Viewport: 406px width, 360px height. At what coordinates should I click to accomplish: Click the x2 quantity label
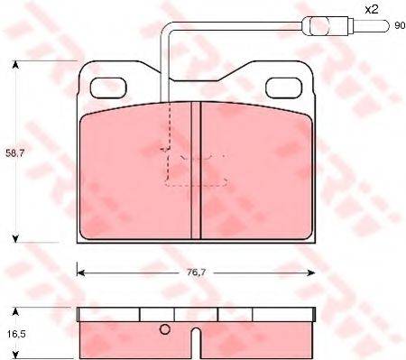[371, 9]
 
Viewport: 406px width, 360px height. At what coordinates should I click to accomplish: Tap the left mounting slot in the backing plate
[106, 87]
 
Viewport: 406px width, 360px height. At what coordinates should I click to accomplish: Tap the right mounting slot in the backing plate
[286, 87]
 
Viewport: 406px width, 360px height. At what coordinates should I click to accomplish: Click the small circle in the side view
[164, 328]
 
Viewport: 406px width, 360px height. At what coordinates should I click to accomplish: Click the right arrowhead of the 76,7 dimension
[311, 270]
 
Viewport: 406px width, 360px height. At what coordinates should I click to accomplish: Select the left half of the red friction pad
[135, 171]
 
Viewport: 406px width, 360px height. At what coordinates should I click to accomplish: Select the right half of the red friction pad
[257, 171]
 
